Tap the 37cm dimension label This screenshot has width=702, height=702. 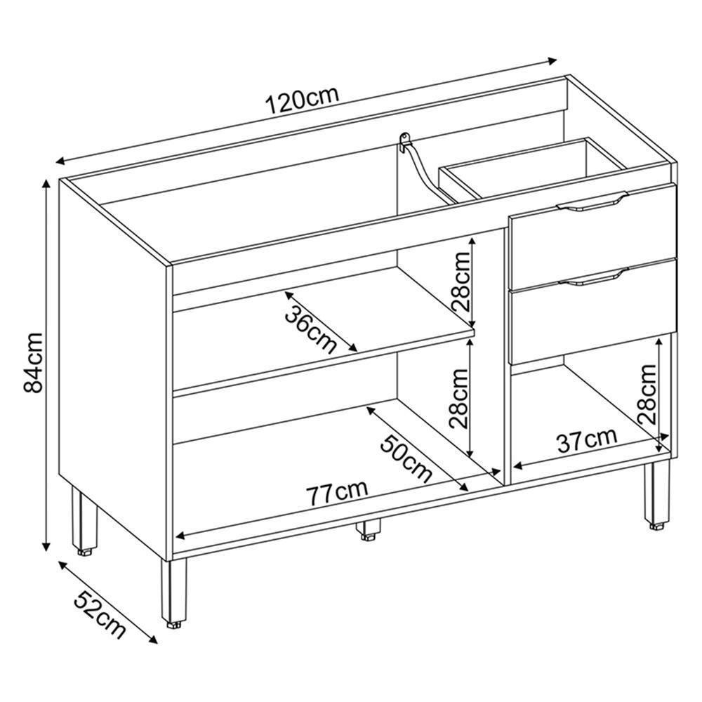pos(587,441)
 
